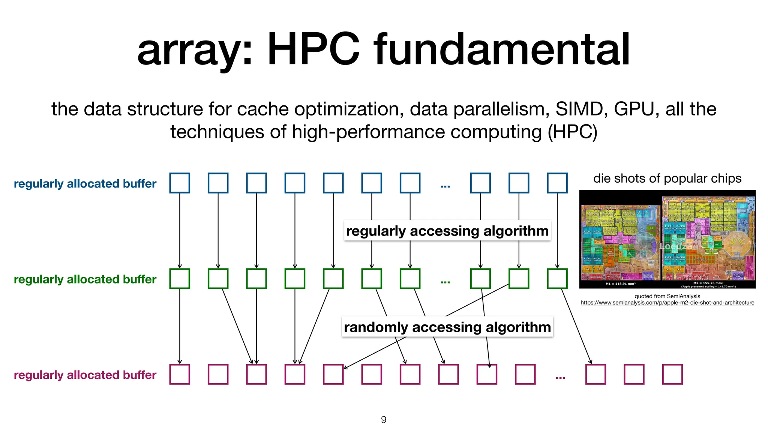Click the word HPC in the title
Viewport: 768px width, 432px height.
coord(313,49)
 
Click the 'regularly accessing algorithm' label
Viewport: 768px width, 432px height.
coord(447,231)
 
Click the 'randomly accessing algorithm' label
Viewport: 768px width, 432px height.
coord(447,327)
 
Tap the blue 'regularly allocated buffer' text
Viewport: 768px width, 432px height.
coord(85,184)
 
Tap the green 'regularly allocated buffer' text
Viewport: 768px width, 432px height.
coord(85,279)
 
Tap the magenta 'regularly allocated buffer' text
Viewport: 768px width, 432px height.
coord(85,375)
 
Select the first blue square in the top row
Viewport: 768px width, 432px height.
coord(180,183)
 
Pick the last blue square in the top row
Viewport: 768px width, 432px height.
coord(557,183)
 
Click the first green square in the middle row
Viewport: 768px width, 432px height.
coord(180,279)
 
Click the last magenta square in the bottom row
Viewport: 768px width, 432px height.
coord(672,374)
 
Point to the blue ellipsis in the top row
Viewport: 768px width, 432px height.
coord(445,186)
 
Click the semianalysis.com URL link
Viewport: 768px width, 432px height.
coord(667,303)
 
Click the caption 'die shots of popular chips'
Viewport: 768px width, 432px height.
coord(667,178)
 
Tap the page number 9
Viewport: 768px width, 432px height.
coord(384,420)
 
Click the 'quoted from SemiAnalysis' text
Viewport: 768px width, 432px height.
coord(667,296)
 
